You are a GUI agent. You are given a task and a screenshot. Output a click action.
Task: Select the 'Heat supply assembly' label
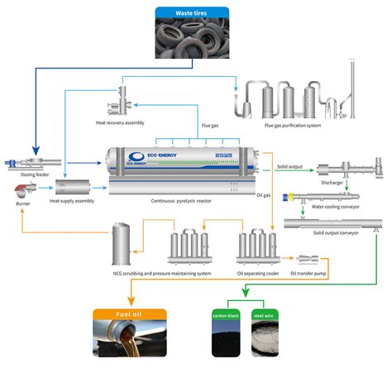coord(72,201)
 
